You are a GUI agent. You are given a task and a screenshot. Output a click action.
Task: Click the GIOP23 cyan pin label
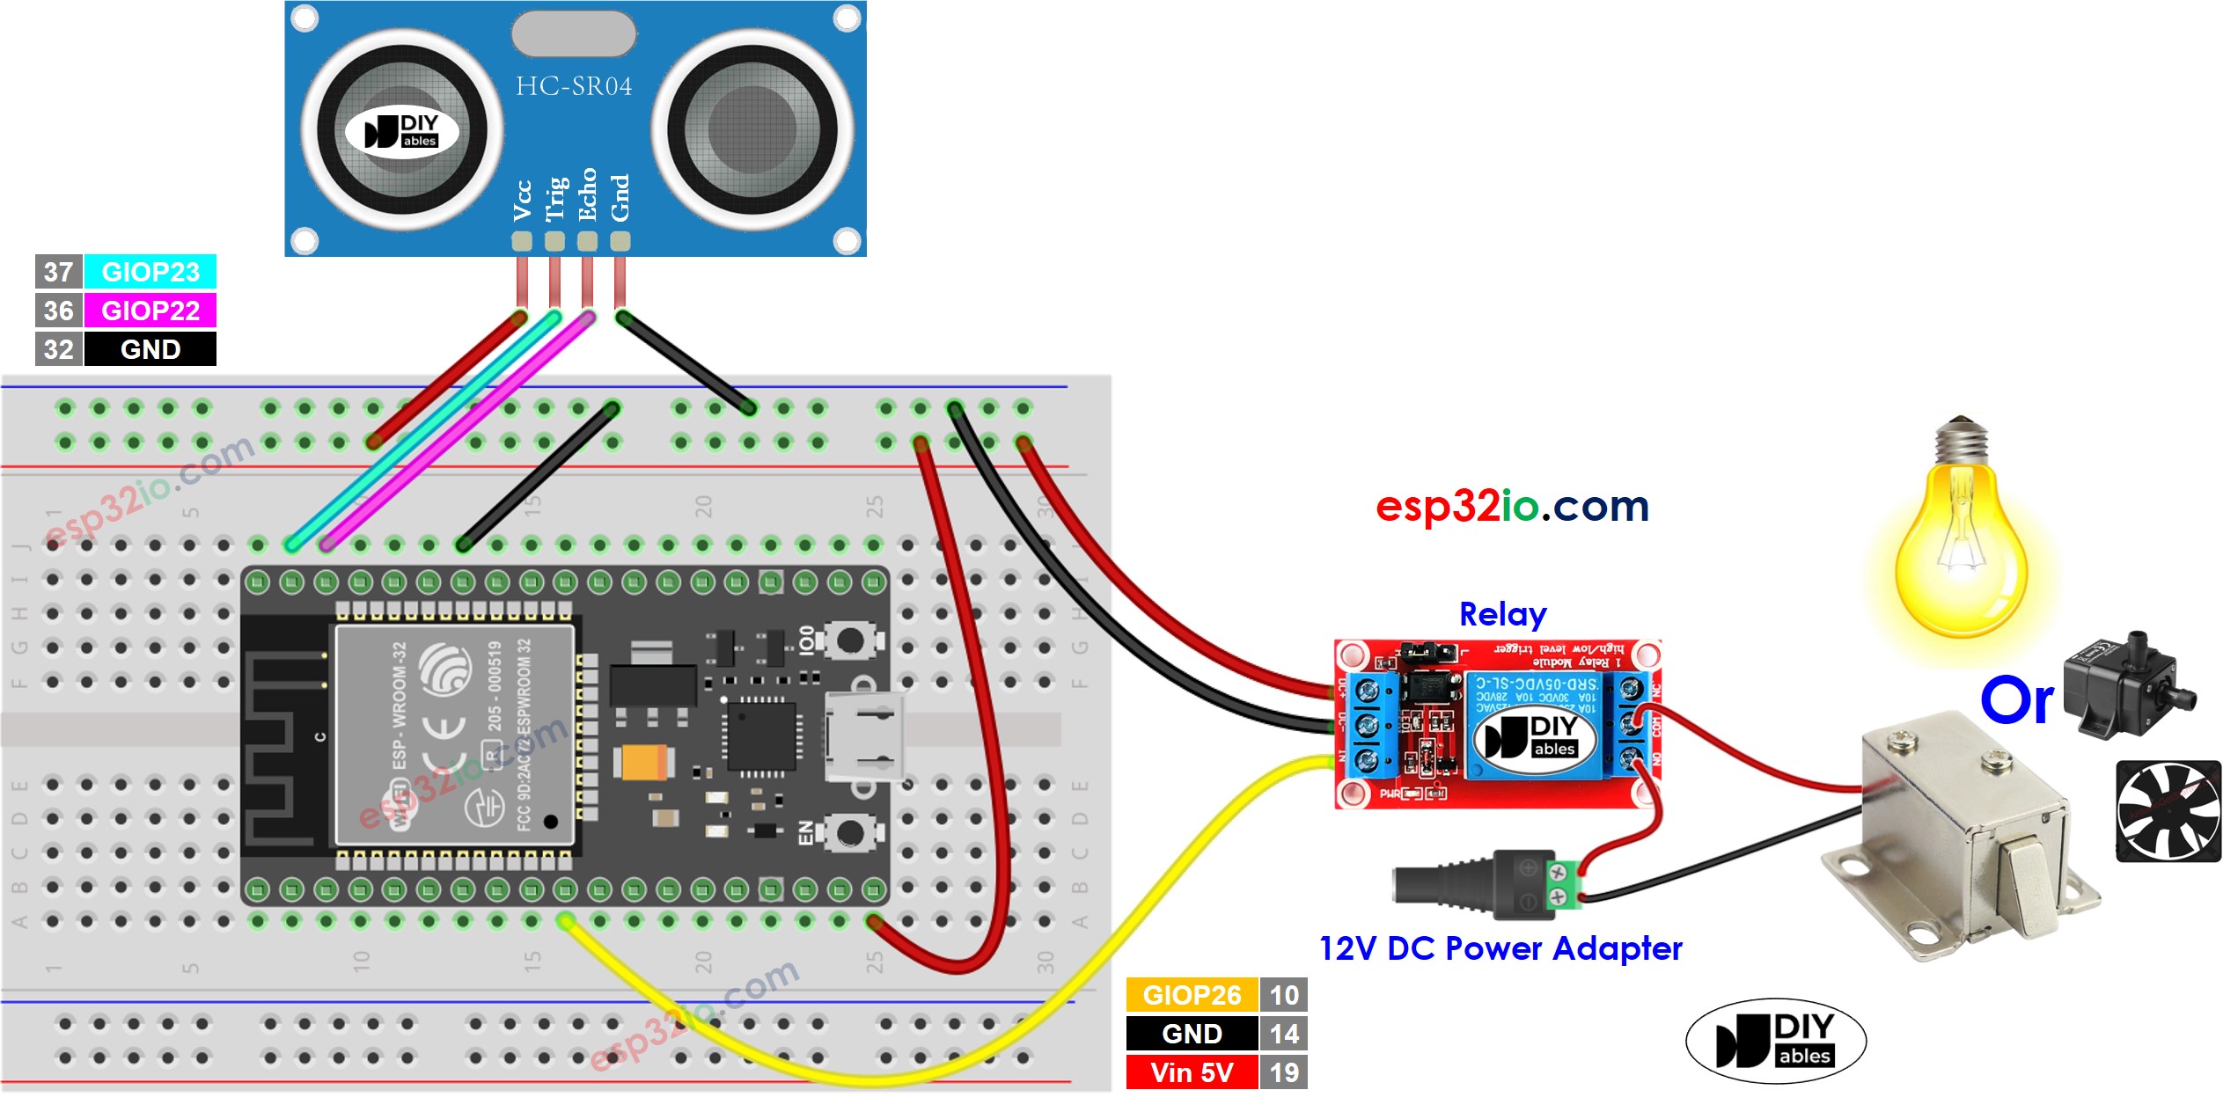click(150, 272)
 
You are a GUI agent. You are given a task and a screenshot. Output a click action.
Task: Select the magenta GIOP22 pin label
click(150, 311)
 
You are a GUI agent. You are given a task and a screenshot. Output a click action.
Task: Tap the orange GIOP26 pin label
click(1192, 995)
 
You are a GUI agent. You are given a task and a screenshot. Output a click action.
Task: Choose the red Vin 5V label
click(1192, 1072)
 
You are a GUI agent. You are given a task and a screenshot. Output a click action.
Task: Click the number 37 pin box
click(58, 272)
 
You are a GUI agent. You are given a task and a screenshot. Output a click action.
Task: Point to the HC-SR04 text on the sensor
click(574, 86)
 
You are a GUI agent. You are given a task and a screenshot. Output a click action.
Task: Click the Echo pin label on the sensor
click(587, 195)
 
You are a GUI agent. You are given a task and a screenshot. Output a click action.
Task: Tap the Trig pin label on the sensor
click(554, 199)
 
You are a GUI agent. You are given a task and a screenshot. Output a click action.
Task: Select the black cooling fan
click(2168, 811)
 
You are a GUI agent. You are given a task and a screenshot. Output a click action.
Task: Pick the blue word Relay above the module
click(1502, 614)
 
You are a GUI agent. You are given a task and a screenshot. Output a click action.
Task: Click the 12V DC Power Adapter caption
click(1500, 948)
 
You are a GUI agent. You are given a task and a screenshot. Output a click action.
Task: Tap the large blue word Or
click(2016, 700)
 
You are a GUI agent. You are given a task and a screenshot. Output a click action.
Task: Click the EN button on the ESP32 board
click(848, 832)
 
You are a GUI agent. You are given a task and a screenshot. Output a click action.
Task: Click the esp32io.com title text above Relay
click(1512, 506)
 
